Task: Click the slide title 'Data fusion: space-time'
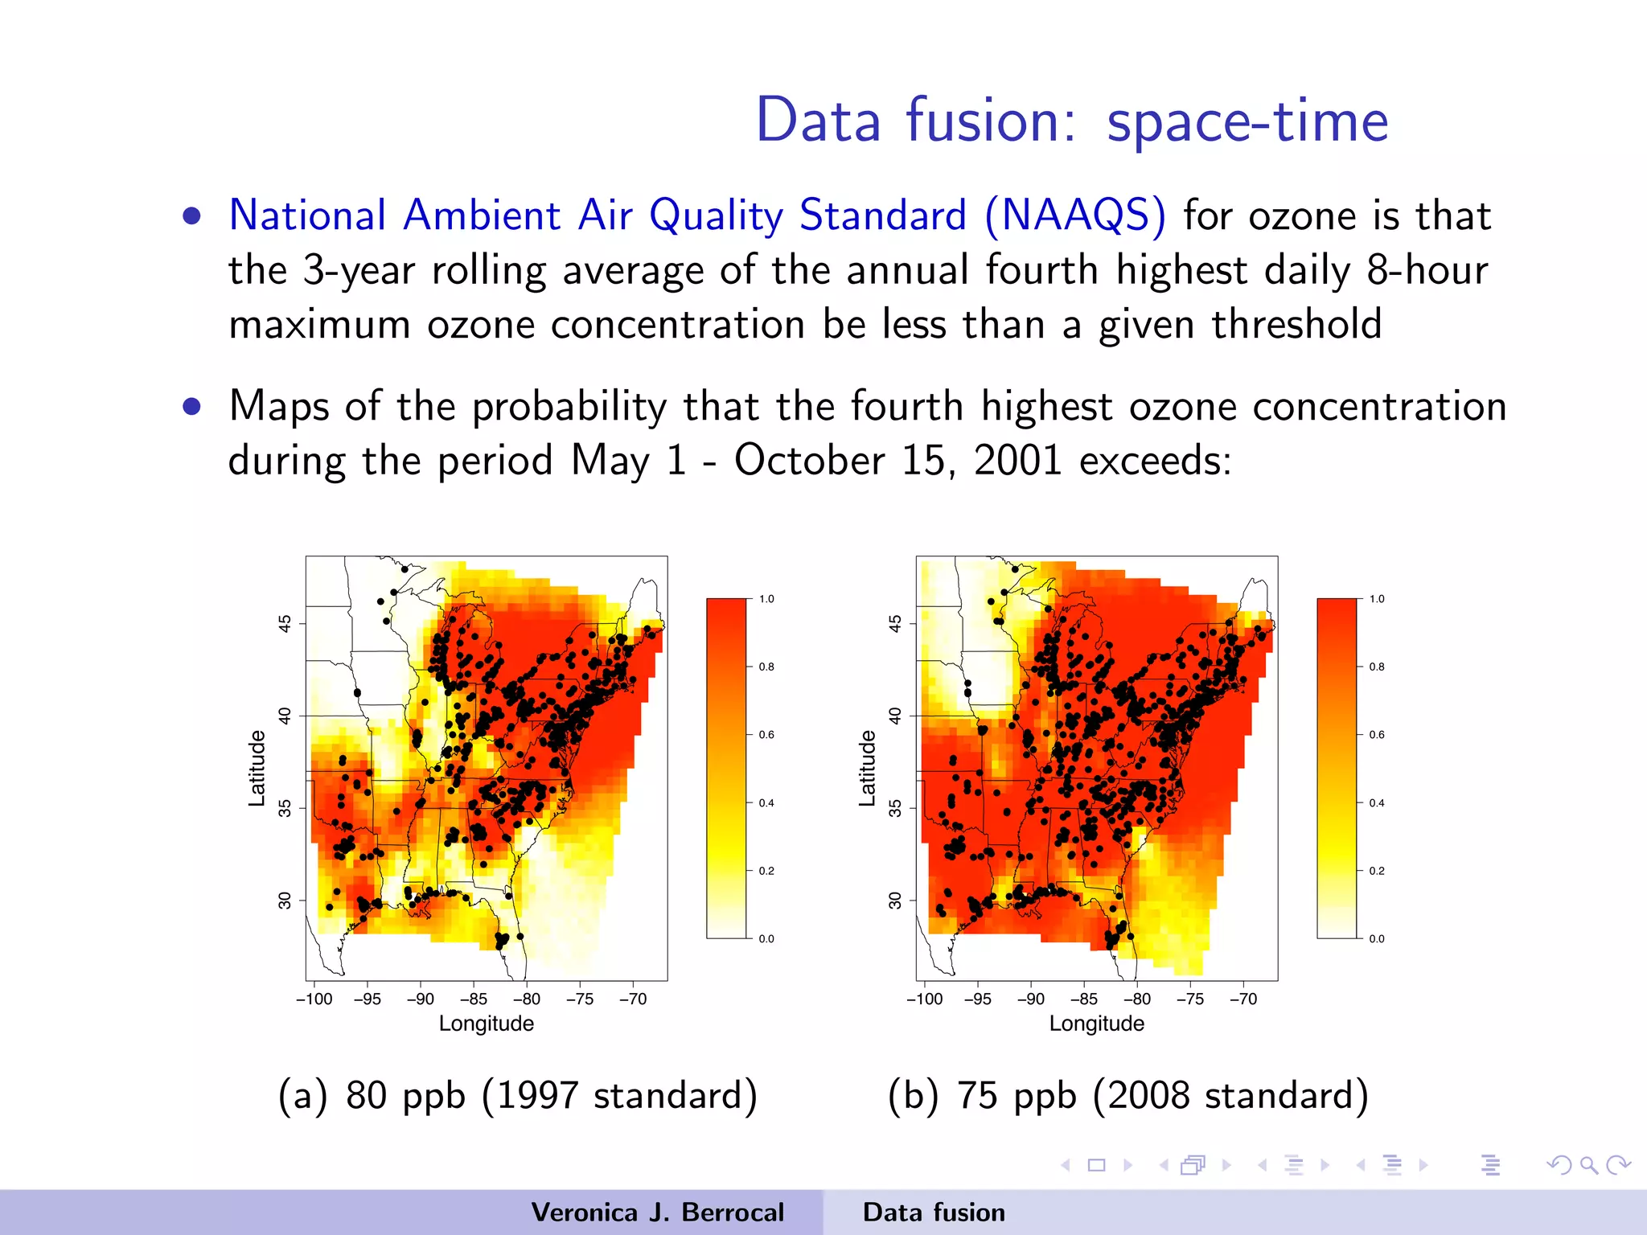[x=1071, y=121]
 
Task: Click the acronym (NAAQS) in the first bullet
[x=1074, y=215]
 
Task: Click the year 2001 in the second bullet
[x=1017, y=461]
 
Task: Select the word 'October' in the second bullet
[x=809, y=461]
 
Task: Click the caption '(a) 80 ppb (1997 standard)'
[x=517, y=1095]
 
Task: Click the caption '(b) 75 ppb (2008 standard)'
[x=1127, y=1095]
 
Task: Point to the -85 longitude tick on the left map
[x=474, y=999]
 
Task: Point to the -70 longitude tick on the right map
[x=1243, y=999]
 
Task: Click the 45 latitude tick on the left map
[x=285, y=623]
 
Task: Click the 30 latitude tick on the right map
[x=895, y=900]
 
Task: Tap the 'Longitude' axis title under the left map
[x=486, y=1024]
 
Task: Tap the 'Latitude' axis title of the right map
[x=867, y=768]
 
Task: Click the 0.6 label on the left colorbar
[x=766, y=735]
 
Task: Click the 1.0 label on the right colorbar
[x=1377, y=599]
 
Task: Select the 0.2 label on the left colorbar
[x=766, y=871]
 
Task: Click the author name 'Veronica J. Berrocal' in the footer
[x=657, y=1212]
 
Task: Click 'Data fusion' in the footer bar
[x=934, y=1212]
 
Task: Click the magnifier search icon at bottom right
[x=1588, y=1165]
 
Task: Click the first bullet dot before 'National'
[x=191, y=215]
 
